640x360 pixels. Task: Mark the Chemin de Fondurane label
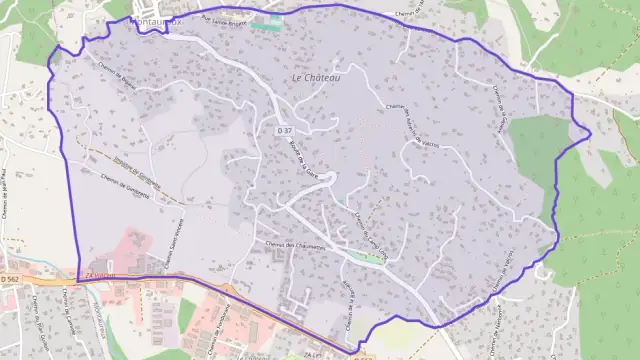click(227, 320)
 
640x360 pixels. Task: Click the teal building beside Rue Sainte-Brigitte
click(263, 24)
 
